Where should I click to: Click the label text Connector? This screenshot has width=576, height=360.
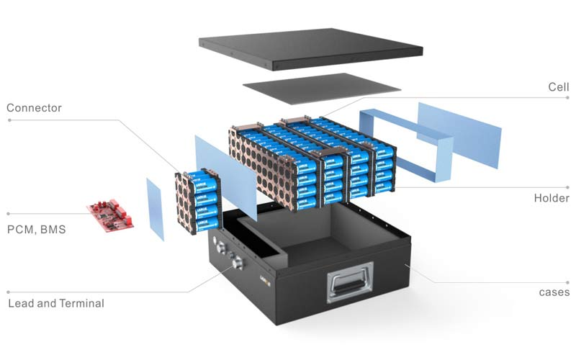(x=34, y=108)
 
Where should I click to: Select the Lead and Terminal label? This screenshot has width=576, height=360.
(x=56, y=303)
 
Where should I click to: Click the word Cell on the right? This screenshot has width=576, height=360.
(x=559, y=86)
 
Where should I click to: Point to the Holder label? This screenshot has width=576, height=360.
(x=552, y=198)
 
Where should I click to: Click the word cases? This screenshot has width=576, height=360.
(x=554, y=292)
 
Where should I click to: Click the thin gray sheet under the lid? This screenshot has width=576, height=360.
(x=321, y=88)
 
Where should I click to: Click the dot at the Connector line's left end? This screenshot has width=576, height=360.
(x=9, y=120)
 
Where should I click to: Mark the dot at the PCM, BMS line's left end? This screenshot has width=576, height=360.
(x=9, y=213)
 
